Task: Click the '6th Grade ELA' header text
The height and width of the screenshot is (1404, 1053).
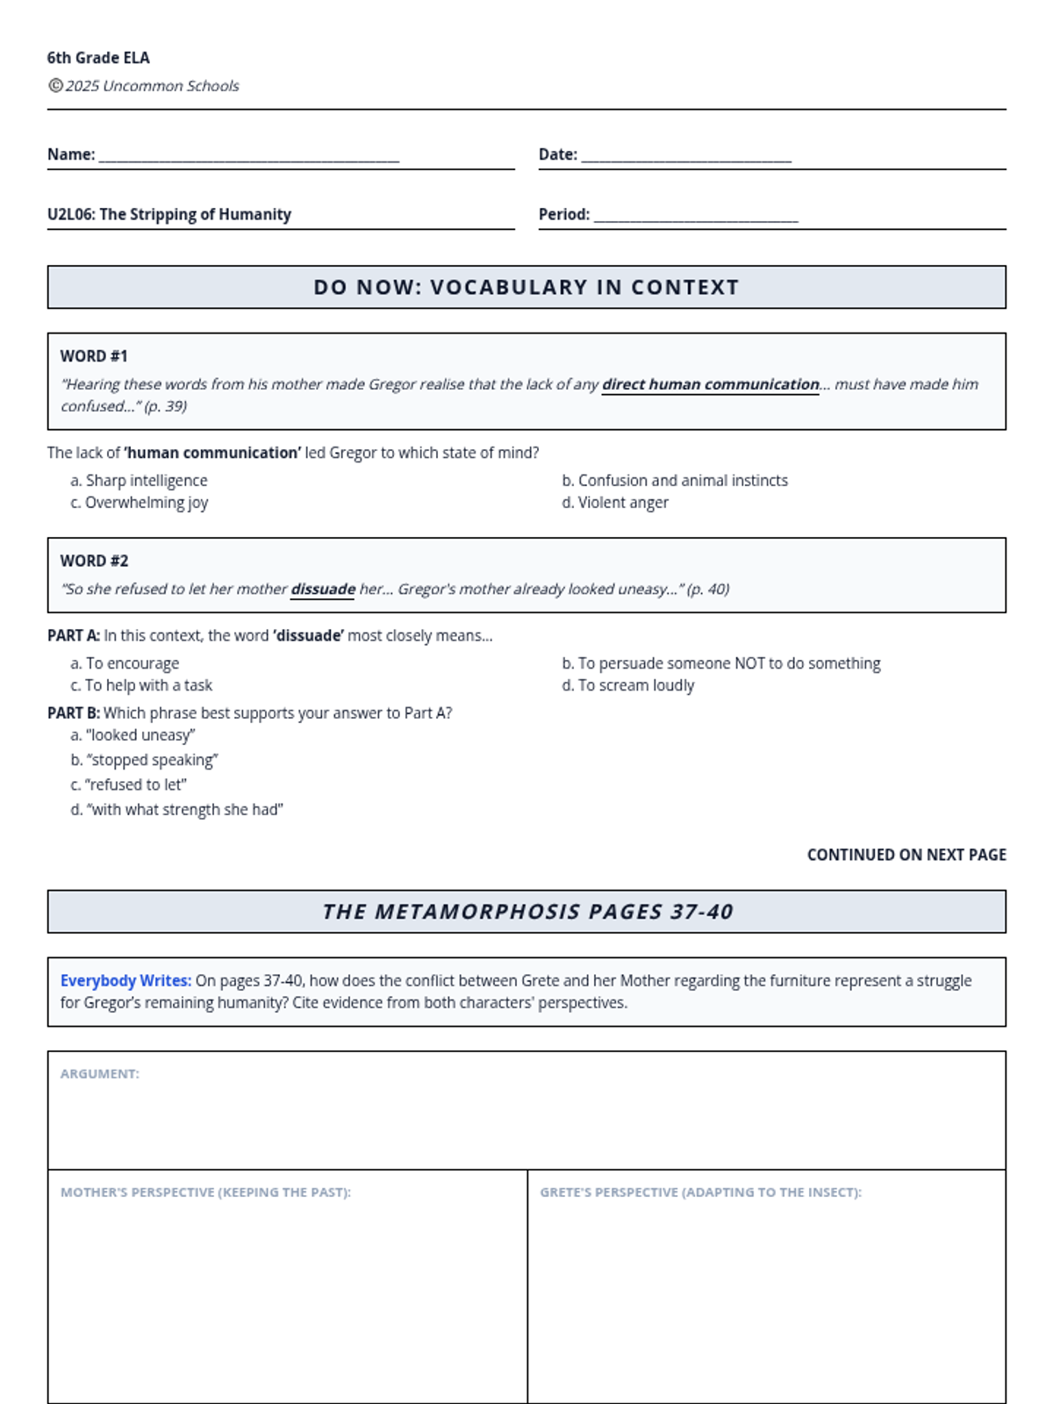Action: click(x=98, y=58)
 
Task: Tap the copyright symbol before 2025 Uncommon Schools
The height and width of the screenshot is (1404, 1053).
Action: click(x=55, y=85)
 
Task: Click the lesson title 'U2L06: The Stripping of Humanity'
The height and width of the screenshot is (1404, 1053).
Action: click(x=169, y=214)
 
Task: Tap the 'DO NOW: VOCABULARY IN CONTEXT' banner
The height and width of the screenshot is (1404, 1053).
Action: click(x=526, y=287)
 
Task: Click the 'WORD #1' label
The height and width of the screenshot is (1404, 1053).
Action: click(x=94, y=356)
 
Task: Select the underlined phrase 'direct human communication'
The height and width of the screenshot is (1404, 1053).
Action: click(x=710, y=384)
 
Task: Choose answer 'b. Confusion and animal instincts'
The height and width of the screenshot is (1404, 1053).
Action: click(x=675, y=480)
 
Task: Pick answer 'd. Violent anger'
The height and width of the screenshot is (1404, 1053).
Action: click(x=615, y=503)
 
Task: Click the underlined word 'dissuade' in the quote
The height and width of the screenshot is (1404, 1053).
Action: click(x=323, y=589)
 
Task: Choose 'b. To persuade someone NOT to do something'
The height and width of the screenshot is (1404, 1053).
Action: click(x=721, y=663)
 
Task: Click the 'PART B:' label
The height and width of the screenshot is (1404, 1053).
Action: click(x=74, y=713)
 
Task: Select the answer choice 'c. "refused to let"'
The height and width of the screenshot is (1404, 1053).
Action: click(x=129, y=784)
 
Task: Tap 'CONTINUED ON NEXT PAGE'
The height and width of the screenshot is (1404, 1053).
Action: click(x=906, y=855)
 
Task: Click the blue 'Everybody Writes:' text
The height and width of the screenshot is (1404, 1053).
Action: click(x=125, y=981)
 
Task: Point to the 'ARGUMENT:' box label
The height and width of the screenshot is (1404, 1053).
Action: click(x=100, y=1074)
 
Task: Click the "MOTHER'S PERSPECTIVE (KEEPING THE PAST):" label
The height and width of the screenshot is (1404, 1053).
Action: click(x=205, y=1193)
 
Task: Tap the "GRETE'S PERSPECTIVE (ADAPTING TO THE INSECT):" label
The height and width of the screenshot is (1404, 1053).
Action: click(x=700, y=1193)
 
